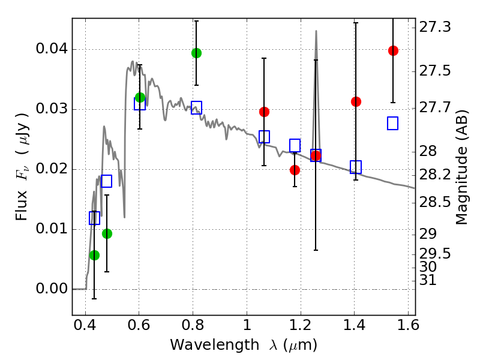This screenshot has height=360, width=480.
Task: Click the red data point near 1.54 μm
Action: pyautogui.click(x=393, y=50)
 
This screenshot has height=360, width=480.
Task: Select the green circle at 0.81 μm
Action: pyautogui.click(x=196, y=53)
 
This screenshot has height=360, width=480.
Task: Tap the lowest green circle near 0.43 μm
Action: pyautogui.click(x=94, y=255)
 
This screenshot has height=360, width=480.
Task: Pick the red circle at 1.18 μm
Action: pyautogui.click(x=295, y=170)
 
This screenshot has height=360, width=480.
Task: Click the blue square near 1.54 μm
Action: pyautogui.click(x=393, y=123)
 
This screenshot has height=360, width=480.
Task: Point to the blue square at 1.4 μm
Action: pyautogui.click(x=356, y=167)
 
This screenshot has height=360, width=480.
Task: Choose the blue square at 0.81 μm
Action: pyautogui.click(x=196, y=108)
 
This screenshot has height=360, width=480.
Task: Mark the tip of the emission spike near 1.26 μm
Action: pyautogui.click(x=316, y=31)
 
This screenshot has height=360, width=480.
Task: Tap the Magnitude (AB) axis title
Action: pyautogui.click(x=461, y=169)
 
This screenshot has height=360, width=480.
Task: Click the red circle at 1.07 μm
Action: pyautogui.click(x=264, y=112)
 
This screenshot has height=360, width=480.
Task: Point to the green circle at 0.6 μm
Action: pyautogui.click(x=140, y=97)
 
